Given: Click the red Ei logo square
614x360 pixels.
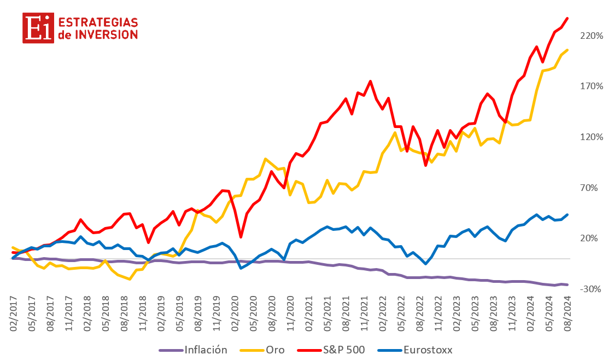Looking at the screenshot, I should tap(38, 28).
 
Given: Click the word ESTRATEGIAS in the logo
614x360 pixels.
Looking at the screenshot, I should tap(97, 22).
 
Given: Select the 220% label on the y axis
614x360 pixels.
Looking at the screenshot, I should tap(592, 36).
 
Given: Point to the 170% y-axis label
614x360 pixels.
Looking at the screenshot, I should tap(592, 86).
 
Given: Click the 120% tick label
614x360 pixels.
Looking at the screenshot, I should tap(592, 137).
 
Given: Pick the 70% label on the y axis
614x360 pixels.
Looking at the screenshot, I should tap(594, 188).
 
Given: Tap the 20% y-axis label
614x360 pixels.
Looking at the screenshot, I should tap(594, 238).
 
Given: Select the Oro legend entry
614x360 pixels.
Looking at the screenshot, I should tap(275, 350).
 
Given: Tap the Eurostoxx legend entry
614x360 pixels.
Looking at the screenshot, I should tap(428, 350).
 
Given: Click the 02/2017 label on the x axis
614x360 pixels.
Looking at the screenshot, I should tap(13, 317).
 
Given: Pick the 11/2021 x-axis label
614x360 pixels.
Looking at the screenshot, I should tap(365, 317).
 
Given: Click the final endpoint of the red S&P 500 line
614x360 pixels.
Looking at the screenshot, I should tap(568, 18).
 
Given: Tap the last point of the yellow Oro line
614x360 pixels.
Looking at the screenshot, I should tap(568, 50).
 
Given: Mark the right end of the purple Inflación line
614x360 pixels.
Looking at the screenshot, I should tap(568, 284).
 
